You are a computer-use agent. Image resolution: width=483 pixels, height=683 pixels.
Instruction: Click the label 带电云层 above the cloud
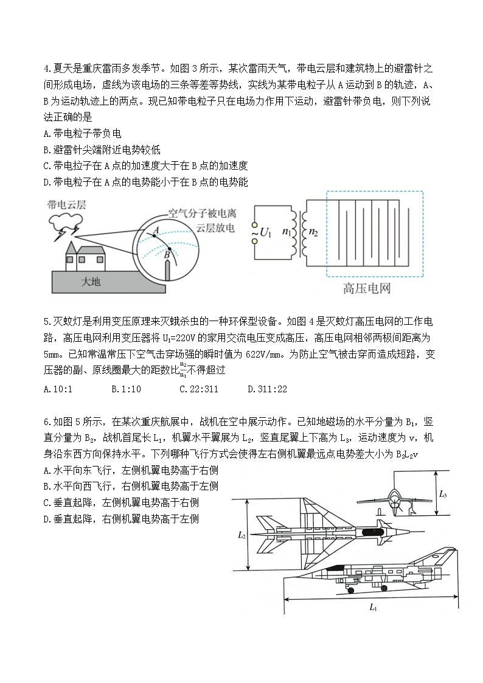point(66,206)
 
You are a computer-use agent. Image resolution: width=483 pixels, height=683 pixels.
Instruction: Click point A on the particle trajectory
point(155,234)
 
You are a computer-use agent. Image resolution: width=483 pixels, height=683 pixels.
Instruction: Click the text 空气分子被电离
point(202,214)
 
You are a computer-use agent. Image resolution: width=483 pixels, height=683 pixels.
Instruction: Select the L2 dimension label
point(241,535)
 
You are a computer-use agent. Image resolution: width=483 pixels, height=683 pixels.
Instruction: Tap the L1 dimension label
point(373,607)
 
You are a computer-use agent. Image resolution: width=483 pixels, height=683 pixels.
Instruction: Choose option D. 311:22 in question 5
point(267,389)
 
